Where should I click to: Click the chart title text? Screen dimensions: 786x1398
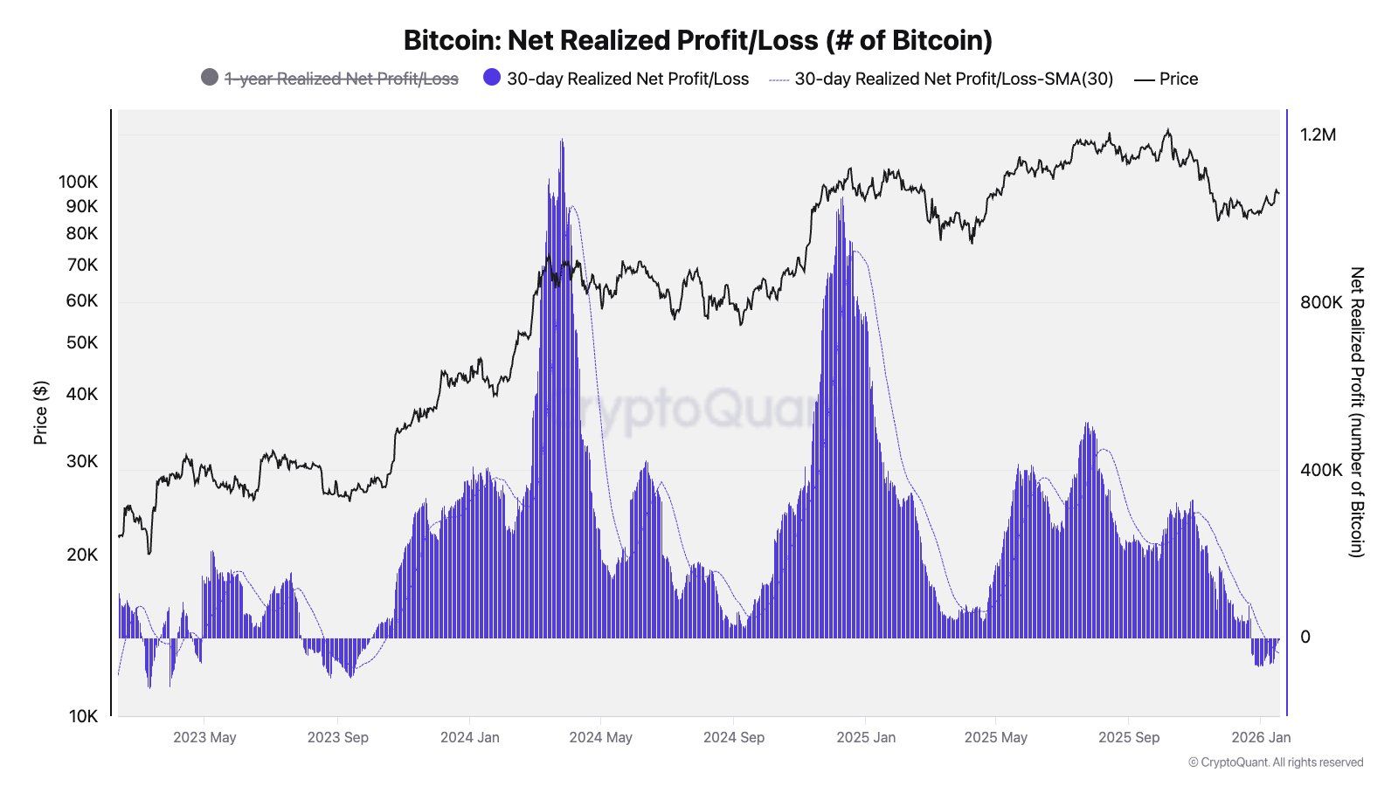tap(697, 40)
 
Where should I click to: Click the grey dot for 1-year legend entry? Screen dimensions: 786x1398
tap(210, 78)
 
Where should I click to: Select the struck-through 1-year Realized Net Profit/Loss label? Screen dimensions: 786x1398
tap(341, 79)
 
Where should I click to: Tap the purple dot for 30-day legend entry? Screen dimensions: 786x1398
tap(492, 78)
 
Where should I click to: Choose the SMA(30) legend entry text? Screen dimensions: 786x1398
tap(953, 79)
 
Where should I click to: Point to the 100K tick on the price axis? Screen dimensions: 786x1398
tap(78, 182)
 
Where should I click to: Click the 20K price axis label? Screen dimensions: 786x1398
tap(82, 555)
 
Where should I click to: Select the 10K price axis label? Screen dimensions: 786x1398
tap(82, 716)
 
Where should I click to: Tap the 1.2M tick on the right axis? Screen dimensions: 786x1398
tap(1318, 134)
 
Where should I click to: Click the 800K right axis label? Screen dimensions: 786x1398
tap(1320, 302)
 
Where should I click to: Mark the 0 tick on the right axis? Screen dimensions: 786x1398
tap(1305, 638)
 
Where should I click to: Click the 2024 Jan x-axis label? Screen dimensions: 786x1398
tap(469, 737)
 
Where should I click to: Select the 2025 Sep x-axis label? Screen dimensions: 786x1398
tap(1128, 737)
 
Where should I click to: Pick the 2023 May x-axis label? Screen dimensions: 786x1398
tap(204, 737)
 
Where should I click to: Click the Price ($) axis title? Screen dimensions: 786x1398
tap(40, 412)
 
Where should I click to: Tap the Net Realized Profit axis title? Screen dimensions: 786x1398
tap(1356, 412)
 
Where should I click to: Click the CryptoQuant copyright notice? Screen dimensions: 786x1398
tap(1275, 762)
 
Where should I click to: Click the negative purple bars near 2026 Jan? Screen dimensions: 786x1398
tap(1263, 652)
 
